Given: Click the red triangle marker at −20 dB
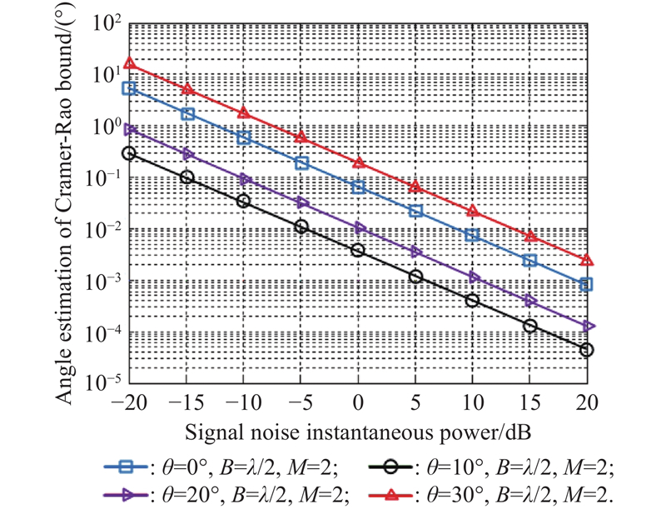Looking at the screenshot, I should pos(129,62).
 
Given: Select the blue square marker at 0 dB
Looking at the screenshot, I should pos(358,187).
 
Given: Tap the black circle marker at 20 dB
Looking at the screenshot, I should pos(586,350).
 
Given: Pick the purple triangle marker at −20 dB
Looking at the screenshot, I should pos(129,130).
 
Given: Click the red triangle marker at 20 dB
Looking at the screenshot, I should pos(586,260).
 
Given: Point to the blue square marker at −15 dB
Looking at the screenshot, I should pos(187,114).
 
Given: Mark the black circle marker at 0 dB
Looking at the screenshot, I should pos(358,250).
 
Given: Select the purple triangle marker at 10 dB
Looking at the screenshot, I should pos(473,277).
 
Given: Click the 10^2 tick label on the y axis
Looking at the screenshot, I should pos(102,23).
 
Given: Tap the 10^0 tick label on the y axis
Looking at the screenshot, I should pos(104,127).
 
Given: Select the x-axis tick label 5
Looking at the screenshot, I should pos(415,402).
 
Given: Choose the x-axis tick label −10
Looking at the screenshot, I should pos(241,402).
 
